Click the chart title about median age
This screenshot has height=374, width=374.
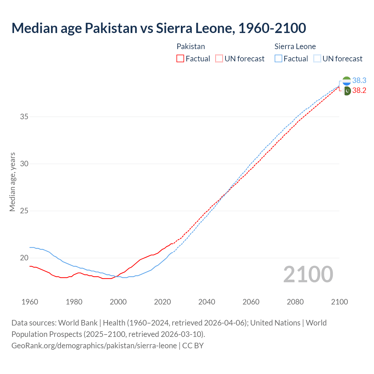(x=159, y=28)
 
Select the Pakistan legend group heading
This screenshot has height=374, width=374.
(x=191, y=46)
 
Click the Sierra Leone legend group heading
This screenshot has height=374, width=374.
(x=295, y=46)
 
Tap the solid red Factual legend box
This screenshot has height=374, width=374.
(x=180, y=59)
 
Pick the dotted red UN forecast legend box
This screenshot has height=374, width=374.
(x=219, y=59)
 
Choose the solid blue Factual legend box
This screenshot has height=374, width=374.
(x=278, y=59)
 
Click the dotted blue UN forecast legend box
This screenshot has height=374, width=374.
(x=317, y=59)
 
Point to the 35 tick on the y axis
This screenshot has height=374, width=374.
(x=24, y=117)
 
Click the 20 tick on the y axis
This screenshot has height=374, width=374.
(x=24, y=258)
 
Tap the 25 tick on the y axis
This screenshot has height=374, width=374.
(x=24, y=211)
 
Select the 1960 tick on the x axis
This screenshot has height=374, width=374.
(x=30, y=302)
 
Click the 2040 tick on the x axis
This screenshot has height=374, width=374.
(x=207, y=302)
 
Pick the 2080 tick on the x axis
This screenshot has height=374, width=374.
(x=295, y=302)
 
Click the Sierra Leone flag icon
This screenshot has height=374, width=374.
(x=347, y=81)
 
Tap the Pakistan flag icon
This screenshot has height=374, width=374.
(x=347, y=91)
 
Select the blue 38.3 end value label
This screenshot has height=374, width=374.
(x=359, y=81)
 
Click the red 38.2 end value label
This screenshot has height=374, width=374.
(x=359, y=91)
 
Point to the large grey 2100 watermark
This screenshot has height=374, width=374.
(x=308, y=274)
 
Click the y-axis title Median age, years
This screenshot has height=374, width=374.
(x=12, y=182)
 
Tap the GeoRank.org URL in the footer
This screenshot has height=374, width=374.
(x=94, y=346)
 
